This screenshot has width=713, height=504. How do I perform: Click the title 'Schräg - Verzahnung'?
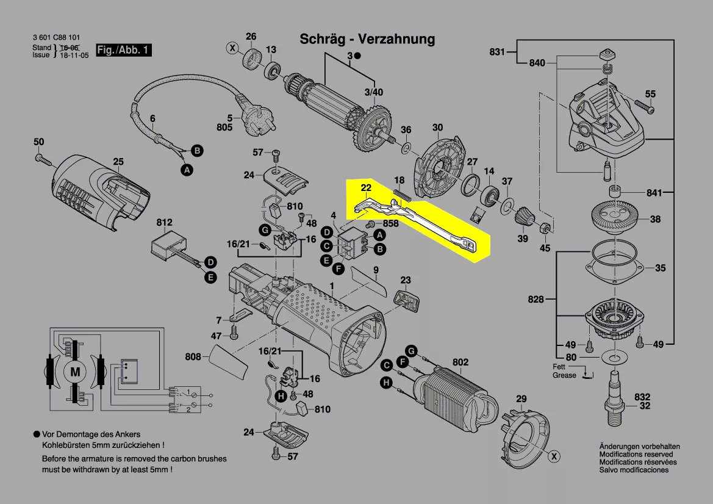point(367,40)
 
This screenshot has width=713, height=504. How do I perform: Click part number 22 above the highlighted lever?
point(365,187)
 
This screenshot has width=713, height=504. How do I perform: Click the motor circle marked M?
point(75,371)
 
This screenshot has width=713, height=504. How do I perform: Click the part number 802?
point(460,362)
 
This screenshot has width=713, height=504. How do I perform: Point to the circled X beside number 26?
point(232,47)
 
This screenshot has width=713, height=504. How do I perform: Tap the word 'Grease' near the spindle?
point(564,375)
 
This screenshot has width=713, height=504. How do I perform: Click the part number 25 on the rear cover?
point(118,162)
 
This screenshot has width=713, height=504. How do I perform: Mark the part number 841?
point(654,193)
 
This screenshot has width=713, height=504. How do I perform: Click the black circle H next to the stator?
point(386,383)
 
